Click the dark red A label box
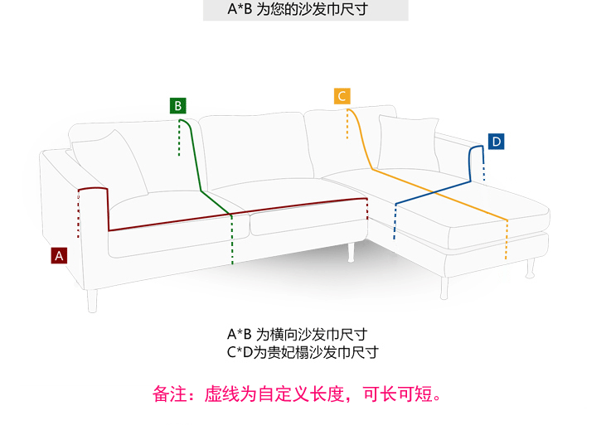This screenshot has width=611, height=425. coord(59,255)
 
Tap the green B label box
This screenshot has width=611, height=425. coord(177,105)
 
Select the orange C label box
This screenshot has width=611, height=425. coord(342,96)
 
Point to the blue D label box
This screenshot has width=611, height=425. coord(496,142)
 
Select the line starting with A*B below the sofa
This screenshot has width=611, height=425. coord(297,335)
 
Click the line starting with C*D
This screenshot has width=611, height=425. coord(302,352)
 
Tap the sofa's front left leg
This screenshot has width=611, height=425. coord(93,300)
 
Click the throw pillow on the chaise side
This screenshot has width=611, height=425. coord(407,142)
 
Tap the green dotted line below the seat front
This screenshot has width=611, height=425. coord(232,239)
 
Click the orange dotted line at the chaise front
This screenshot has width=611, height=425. coord(506,239)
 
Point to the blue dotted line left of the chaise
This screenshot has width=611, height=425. coord(395,221)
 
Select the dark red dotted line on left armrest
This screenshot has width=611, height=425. coord(79,215)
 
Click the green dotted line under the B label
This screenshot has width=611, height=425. coord(178,138)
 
